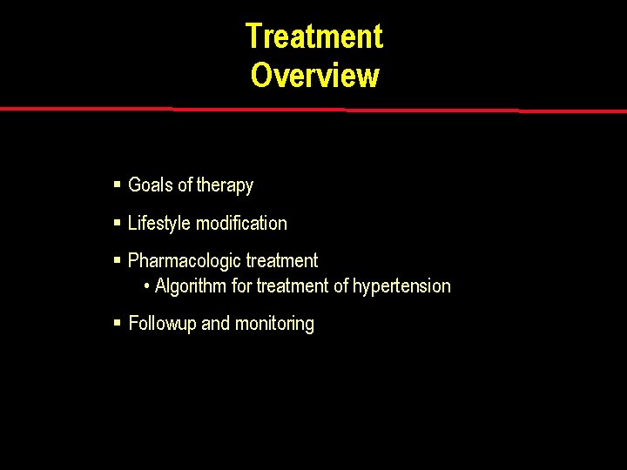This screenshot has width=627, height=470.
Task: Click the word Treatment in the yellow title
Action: coord(313,37)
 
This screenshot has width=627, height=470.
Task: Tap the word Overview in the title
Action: coord(314,76)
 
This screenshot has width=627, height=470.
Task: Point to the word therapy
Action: coord(225,186)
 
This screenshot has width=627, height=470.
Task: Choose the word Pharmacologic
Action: coord(185,261)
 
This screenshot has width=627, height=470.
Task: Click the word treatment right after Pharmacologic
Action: coord(282,261)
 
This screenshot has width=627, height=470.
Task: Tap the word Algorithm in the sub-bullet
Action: coord(191,286)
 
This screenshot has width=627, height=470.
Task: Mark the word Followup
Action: coord(163,324)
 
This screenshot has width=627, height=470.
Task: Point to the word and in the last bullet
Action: coord(215,324)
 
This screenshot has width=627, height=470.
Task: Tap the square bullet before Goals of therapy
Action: coord(118,185)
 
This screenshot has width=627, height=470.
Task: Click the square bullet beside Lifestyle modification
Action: coord(118,223)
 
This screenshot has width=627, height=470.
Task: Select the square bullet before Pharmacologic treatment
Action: coord(118,260)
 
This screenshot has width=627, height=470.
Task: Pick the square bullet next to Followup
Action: coord(118,323)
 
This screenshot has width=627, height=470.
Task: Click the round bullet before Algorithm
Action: coord(147,286)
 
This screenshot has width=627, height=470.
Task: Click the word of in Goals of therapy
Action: coord(185,185)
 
